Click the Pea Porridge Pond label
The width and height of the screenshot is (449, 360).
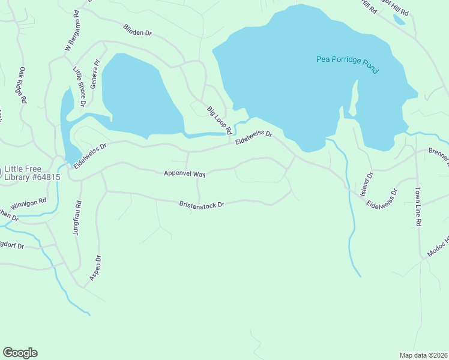[x=348, y=64]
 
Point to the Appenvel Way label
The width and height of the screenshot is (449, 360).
[x=185, y=173]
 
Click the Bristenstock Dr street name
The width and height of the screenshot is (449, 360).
[x=202, y=205]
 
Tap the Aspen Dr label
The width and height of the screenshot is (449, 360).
[x=95, y=268]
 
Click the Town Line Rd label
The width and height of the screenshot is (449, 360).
[x=418, y=206]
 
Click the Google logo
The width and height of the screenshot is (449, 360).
[x=20, y=353]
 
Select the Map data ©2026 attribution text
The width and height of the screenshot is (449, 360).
[x=423, y=355]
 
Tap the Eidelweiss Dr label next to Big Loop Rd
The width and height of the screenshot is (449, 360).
[x=254, y=139]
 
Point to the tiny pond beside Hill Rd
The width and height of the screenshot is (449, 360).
[x=399, y=19]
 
